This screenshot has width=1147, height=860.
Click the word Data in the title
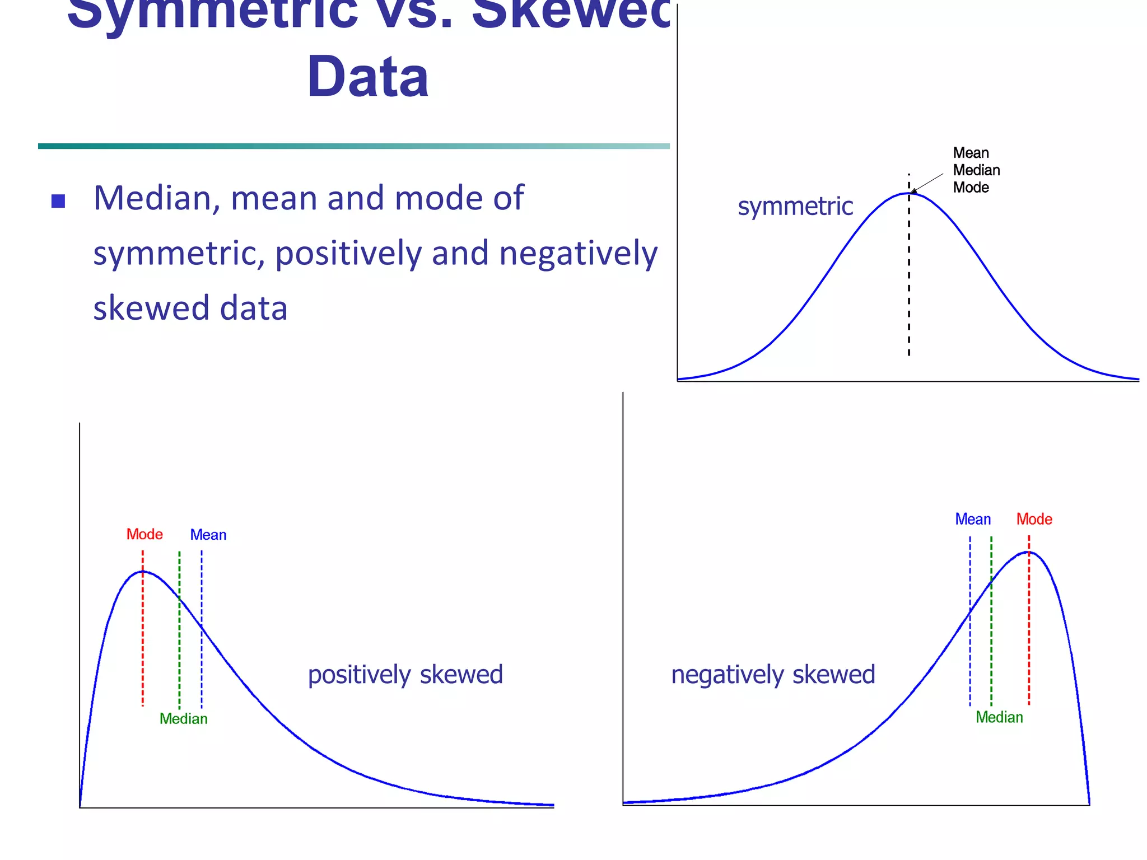click(368, 77)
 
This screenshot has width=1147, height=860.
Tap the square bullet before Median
click(58, 201)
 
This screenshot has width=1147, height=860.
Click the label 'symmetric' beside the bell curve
click(795, 207)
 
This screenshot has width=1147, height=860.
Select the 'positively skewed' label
click(405, 675)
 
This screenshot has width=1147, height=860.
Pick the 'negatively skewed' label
click(773, 675)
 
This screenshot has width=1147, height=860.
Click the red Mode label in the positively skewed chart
click(144, 534)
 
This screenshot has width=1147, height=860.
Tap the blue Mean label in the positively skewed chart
click(208, 535)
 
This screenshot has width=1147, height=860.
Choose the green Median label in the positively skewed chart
click(184, 718)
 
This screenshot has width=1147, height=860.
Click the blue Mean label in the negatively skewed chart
click(973, 519)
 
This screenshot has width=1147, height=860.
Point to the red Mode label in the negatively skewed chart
click(1034, 519)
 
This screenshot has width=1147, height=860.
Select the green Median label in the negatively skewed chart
click(999, 717)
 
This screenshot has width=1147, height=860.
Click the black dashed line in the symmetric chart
click(909, 280)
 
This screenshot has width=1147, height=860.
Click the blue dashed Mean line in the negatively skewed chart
click(970, 661)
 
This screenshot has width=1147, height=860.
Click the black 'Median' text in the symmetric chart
click(977, 170)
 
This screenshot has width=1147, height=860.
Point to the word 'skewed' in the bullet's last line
click(142, 309)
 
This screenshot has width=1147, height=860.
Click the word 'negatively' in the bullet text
click(579, 254)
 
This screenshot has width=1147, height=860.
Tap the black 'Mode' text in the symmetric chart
click(971, 188)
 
